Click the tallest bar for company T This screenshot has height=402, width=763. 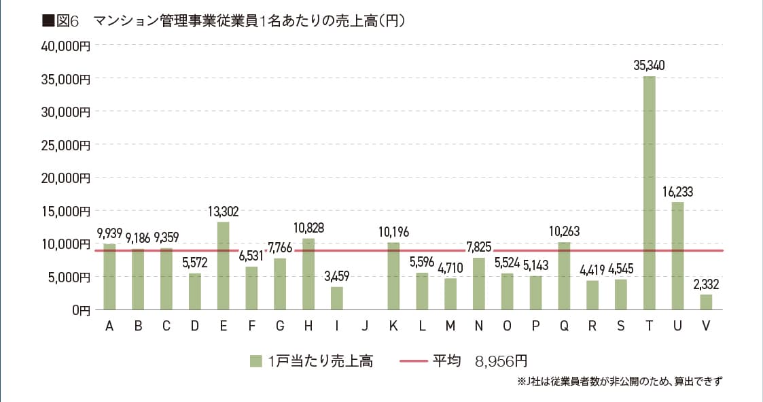[649, 193]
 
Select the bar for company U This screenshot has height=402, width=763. [677, 256]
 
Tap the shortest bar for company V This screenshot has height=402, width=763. [706, 302]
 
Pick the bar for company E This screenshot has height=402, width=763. [223, 266]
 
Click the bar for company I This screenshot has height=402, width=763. [337, 298]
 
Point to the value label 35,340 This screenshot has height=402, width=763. [649, 66]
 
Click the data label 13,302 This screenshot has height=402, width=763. [223, 212]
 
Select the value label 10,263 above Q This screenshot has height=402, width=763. [563, 231]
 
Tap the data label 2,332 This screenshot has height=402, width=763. [706, 284]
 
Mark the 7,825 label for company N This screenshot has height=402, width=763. [479, 246]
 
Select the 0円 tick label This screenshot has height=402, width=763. [80, 309]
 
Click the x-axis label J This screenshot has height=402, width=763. [365, 326]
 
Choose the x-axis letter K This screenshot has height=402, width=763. [393, 326]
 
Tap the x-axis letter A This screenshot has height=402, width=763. [109, 326]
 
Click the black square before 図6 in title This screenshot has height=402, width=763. [48, 21]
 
